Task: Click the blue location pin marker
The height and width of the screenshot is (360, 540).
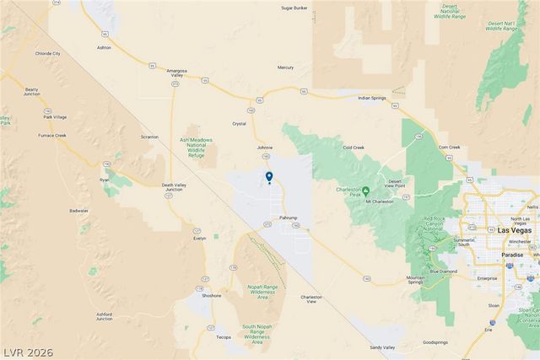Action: (269, 176)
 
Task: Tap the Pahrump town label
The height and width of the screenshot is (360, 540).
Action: (289, 218)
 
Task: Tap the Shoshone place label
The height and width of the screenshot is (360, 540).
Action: (211, 296)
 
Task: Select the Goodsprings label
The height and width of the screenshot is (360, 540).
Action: (435, 342)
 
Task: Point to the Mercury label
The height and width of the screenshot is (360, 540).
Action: (285, 67)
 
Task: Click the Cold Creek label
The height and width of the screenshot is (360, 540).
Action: (353, 148)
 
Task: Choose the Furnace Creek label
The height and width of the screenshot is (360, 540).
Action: (55, 134)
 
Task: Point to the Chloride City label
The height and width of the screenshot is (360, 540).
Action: (46, 53)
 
